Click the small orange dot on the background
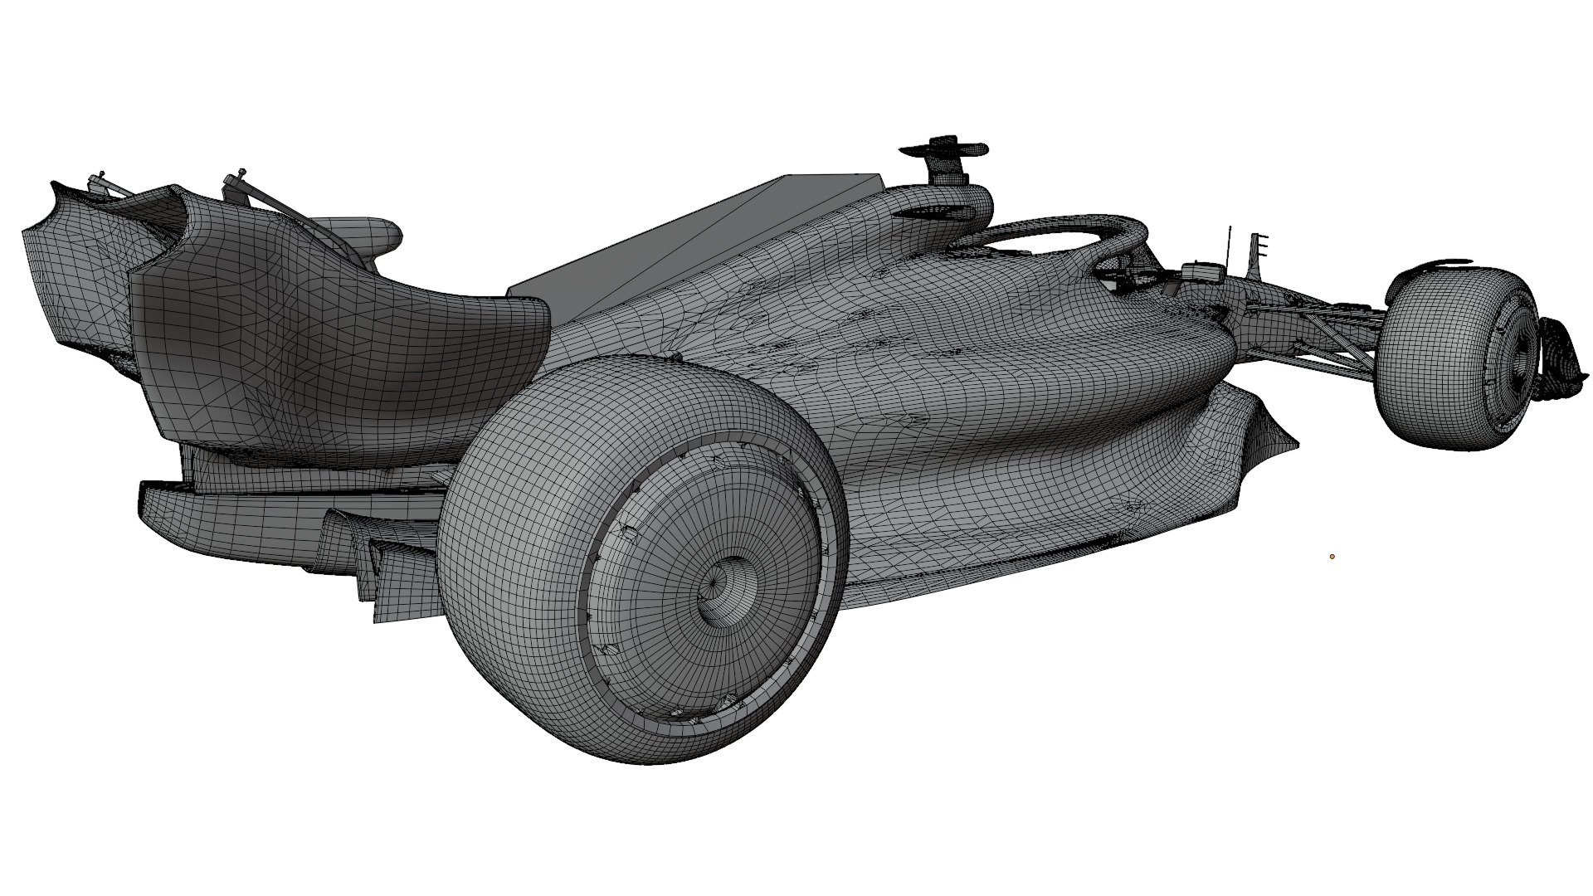point(1332,557)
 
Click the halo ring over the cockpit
point(1054,232)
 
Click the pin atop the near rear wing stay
point(241,173)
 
